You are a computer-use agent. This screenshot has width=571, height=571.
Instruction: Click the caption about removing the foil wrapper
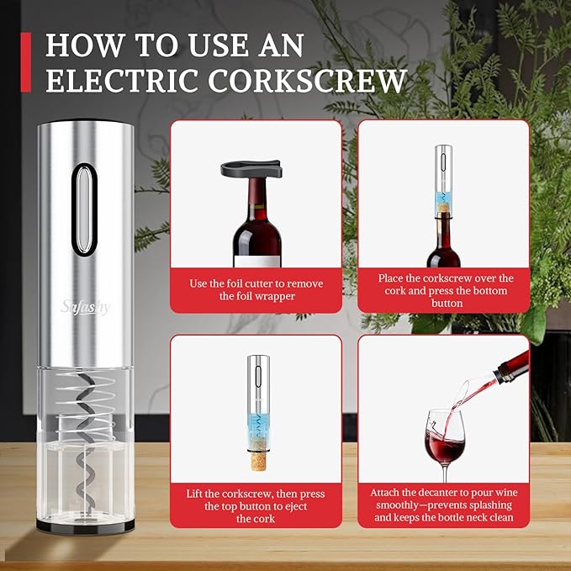coord(256,289)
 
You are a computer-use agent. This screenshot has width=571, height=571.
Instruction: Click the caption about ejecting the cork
coord(256,506)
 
